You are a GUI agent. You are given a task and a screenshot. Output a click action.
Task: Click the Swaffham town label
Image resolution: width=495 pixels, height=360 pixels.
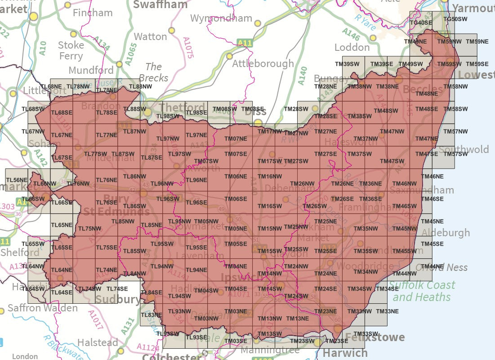pos(160,5)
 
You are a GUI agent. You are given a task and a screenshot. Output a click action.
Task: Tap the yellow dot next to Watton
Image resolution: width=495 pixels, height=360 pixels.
pos(171,31)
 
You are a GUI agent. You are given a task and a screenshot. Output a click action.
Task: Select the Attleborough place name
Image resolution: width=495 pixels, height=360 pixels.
pos(263,64)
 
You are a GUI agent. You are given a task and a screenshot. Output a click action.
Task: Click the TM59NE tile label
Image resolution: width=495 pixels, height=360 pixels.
pos(477,41)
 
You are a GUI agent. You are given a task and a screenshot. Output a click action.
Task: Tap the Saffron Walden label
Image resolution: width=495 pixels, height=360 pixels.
pos(42,309)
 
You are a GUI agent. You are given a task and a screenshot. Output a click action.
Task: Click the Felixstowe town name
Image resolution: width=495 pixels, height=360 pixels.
pos(375,337)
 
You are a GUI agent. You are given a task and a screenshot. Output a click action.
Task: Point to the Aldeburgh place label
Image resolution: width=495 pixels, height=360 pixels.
pos(446,233)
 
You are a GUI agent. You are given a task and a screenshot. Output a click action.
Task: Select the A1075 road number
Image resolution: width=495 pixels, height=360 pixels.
pos(188,48)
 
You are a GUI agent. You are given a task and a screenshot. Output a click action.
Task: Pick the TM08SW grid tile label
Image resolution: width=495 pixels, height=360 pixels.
pos(224,109)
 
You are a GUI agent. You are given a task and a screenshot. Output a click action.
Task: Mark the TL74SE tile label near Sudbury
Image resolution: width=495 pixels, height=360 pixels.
pos(117,289)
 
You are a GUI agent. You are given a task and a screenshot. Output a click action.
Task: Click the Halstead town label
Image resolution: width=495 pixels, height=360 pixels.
pos(98,342)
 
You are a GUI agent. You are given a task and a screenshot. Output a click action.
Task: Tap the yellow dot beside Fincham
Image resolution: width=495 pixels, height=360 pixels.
pos(67,5)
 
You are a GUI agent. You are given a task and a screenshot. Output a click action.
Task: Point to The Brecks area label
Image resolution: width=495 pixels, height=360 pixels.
pos(153,72)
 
